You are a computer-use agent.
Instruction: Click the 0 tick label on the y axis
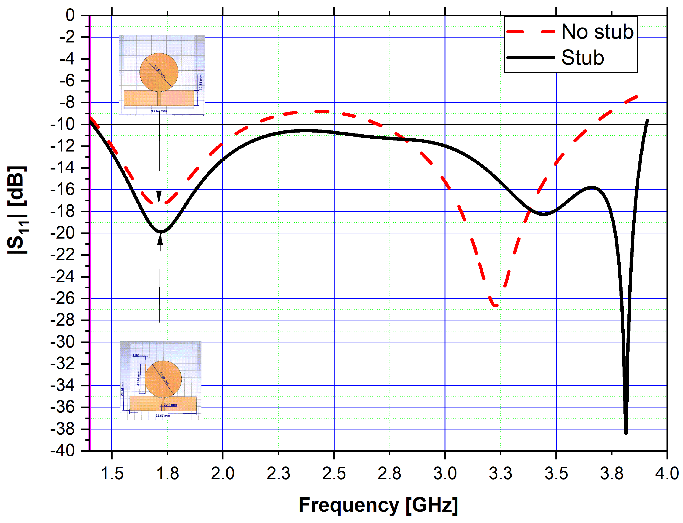coord(70,15)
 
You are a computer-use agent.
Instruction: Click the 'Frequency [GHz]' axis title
coord(378,505)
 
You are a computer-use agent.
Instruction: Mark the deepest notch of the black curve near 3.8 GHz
coord(626,433)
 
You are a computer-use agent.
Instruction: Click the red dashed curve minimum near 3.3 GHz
coord(495,306)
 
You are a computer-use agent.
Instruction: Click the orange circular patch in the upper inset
coord(159,72)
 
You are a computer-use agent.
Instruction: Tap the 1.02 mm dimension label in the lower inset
coord(139,355)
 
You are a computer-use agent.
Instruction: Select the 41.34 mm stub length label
coord(139,378)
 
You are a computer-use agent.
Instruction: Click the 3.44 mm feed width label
coord(170,405)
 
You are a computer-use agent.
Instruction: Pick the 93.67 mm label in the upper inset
coord(159,111)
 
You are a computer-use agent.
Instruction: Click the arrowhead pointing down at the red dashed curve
coord(159,197)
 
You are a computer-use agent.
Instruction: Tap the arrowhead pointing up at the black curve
coord(160,239)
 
